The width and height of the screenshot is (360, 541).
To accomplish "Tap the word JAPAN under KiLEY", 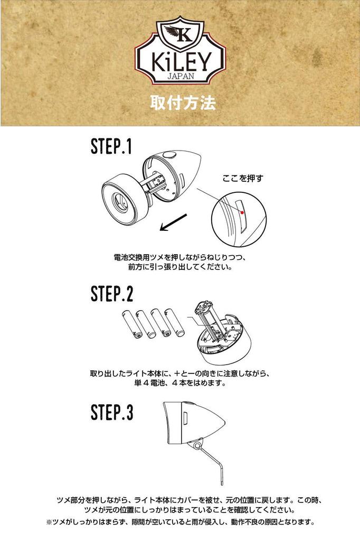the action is click(x=181, y=76).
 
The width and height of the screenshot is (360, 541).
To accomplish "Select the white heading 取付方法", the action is click(x=183, y=103).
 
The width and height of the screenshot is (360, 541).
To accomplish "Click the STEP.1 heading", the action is click(x=111, y=146).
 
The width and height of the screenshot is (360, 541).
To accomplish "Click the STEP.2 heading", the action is click(x=112, y=294).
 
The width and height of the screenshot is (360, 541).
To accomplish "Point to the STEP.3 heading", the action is click(x=112, y=412).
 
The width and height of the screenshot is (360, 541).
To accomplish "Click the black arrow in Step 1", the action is click(x=174, y=222).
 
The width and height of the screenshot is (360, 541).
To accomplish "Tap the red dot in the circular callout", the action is click(x=242, y=212).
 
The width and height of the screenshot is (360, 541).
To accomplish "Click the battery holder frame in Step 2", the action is click(x=207, y=321).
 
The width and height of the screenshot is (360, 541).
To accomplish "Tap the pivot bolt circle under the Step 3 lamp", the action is click(x=197, y=446).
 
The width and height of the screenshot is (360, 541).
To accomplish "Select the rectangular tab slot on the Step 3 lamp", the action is click(x=185, y=418).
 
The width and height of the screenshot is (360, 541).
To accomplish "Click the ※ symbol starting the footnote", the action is click(x=49, y=522).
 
